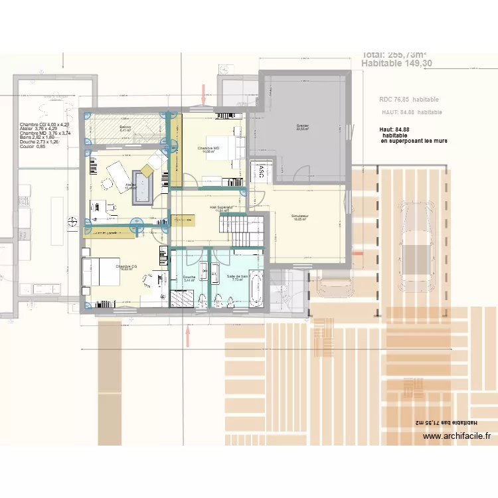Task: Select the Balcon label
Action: click(x=125, y=126)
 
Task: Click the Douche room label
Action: click(x=189, y=277)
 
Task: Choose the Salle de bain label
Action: click(x=237, y=276)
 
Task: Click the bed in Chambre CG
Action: click(x=99, y=274)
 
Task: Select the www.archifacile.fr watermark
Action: click(x=456, y=436)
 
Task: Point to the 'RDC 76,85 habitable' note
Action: click(x=408, y=100)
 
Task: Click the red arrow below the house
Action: click(x=188, y=335)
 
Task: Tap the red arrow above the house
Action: click(x=204, y=94)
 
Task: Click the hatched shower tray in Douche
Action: click(x=182, y=298)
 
